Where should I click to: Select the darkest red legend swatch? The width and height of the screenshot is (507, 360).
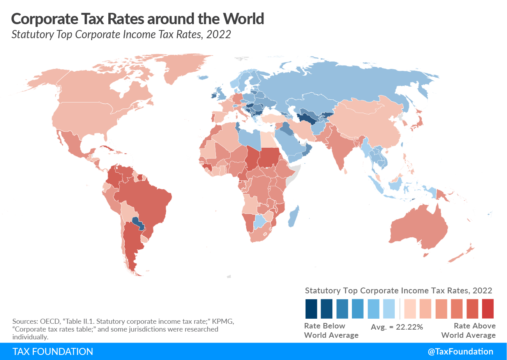coord(488,309)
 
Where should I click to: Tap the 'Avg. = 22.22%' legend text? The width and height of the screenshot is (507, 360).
coord(397,327)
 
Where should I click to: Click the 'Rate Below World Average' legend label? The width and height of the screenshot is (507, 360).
coord(331,330)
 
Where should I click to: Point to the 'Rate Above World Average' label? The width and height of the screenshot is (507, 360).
coord(468,330)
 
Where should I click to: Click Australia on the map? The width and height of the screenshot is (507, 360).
coord(419,230)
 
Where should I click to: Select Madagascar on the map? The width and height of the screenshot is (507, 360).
coord(294,216)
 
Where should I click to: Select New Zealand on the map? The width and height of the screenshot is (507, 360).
coord(464,253)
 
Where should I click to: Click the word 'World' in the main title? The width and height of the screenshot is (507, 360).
coord(242,18)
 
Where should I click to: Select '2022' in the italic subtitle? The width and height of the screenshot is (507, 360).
coord(219,34)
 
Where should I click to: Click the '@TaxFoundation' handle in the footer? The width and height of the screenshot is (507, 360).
coord(460,351)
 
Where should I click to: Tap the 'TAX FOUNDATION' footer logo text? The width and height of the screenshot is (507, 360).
coord(53,351)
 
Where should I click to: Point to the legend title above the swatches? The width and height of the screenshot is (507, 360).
coord(398,290)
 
